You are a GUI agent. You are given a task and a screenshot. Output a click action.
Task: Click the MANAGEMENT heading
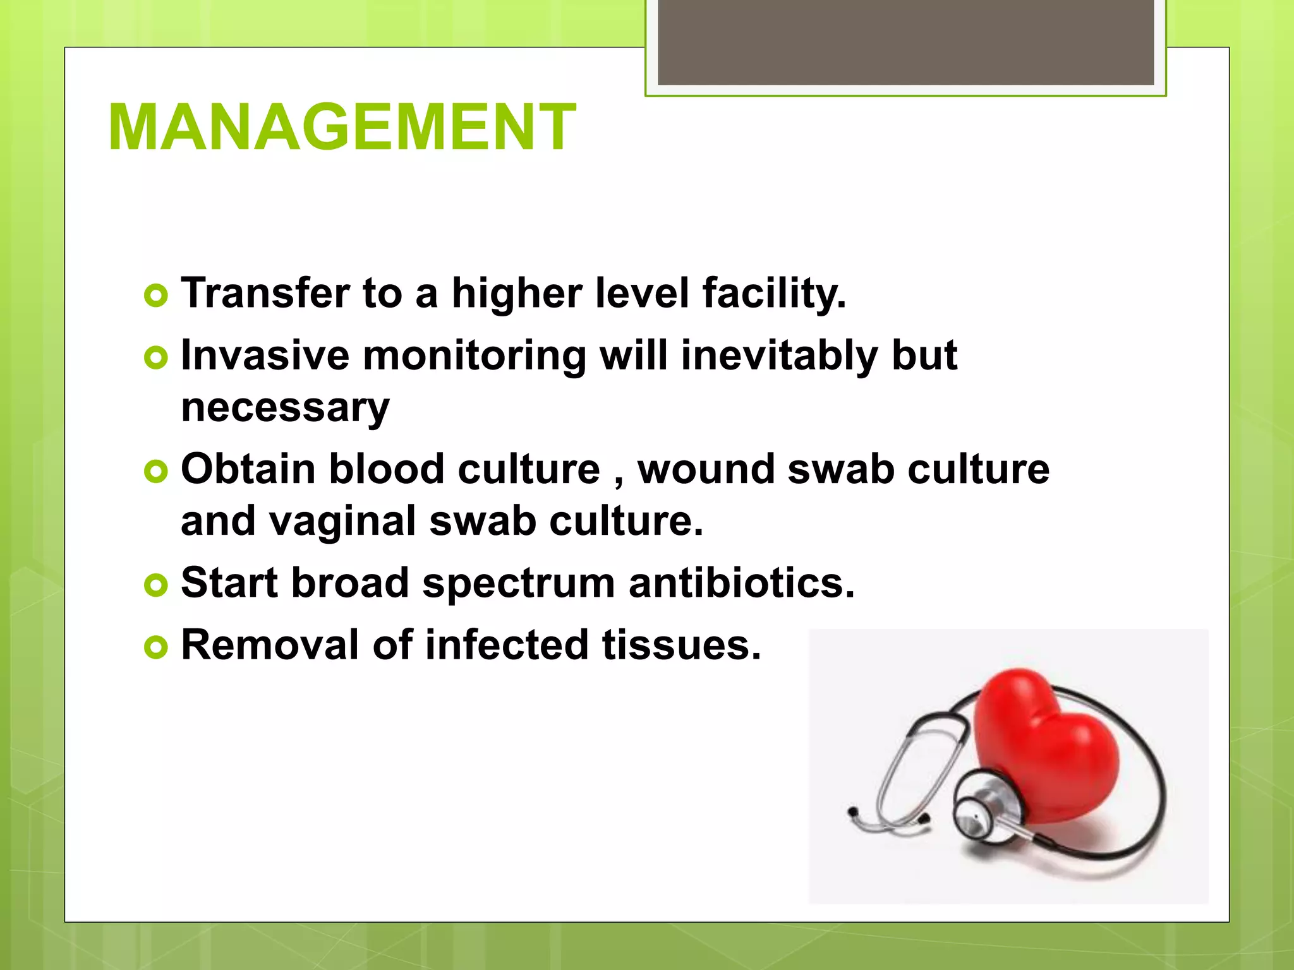point(341,128)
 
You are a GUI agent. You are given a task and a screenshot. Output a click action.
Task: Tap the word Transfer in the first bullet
point(265,294)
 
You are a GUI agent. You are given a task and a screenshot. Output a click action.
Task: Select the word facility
point(774,294)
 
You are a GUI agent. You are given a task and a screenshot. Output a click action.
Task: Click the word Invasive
point(265,356)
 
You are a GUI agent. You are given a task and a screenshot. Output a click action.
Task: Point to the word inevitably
point(779,356)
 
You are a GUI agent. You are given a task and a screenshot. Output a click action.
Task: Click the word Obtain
point(248,469)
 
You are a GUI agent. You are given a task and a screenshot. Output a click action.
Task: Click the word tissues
point(681,645)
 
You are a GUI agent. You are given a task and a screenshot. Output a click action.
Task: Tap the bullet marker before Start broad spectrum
point(156,585)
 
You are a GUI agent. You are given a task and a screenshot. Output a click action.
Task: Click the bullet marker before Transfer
point(156,296)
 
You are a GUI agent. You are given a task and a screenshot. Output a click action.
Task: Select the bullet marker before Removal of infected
point(156,647)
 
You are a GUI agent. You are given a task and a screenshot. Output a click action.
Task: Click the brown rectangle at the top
point(905,42)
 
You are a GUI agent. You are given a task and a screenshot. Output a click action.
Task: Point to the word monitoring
point(474,356)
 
